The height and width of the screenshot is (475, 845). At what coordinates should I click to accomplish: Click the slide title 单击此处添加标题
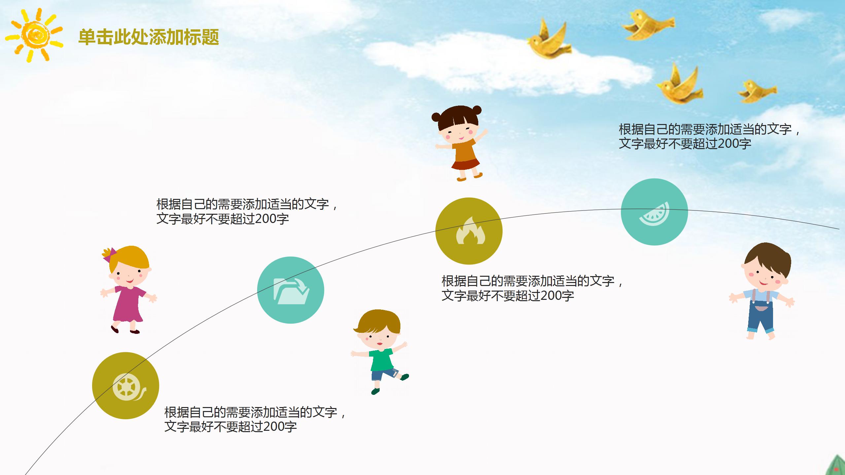149,37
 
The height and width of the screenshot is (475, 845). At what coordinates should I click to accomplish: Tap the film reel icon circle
125,386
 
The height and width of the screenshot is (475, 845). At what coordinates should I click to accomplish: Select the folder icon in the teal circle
290,290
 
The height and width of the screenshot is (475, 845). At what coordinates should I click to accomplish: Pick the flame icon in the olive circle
469,231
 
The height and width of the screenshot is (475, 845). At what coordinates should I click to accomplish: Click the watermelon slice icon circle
654,212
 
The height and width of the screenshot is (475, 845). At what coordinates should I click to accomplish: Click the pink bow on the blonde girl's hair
110,254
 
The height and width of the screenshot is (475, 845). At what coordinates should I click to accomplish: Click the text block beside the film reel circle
254,419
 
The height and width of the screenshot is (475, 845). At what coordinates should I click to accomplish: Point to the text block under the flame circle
531,288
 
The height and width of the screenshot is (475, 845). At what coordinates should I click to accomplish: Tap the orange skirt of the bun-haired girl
465,164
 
